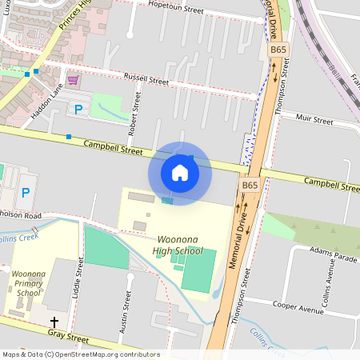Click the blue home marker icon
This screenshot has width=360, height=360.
180,172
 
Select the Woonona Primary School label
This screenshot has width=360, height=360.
29,283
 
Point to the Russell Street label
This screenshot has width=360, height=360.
146,79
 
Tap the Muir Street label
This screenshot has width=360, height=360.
313,120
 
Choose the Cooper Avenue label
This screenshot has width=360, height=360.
297,305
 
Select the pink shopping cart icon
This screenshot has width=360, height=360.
74,80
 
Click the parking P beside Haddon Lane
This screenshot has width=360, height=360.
78,110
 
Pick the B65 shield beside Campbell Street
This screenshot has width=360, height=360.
250,185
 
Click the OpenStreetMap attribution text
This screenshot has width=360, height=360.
80,354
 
